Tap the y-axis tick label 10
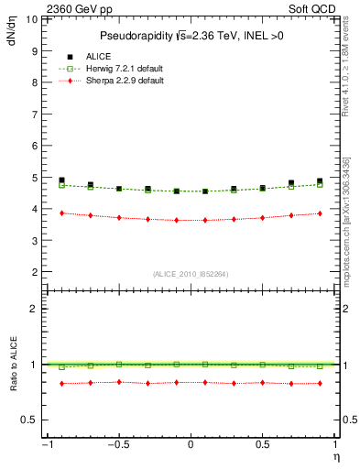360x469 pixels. coord(31,18)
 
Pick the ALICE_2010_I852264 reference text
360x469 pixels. coord(190,274)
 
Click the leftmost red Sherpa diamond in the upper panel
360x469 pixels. coord(61,213)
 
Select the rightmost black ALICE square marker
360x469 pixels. coord(320,181)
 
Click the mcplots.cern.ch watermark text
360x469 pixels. coord(352,229)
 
